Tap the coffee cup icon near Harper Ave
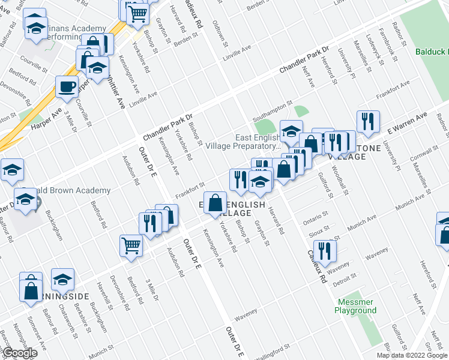point(67,86)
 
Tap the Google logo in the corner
point(19,353)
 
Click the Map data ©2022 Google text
point(412,355)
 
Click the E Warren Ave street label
point(406,122)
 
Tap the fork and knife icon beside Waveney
point(325,250)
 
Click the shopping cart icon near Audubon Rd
point(131,245)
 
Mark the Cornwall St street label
point(419,161)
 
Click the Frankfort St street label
point(190,190)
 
